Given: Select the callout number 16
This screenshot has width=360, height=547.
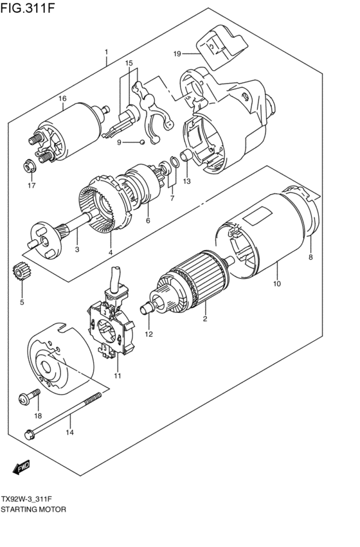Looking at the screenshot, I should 62,98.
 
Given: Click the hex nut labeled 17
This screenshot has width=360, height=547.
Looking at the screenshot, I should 30,166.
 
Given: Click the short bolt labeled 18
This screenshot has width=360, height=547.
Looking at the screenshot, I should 30,398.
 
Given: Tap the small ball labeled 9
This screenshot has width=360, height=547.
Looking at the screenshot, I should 142,141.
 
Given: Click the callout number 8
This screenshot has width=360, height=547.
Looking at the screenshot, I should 310,257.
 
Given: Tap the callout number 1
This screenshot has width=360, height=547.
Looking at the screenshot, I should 107,51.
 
